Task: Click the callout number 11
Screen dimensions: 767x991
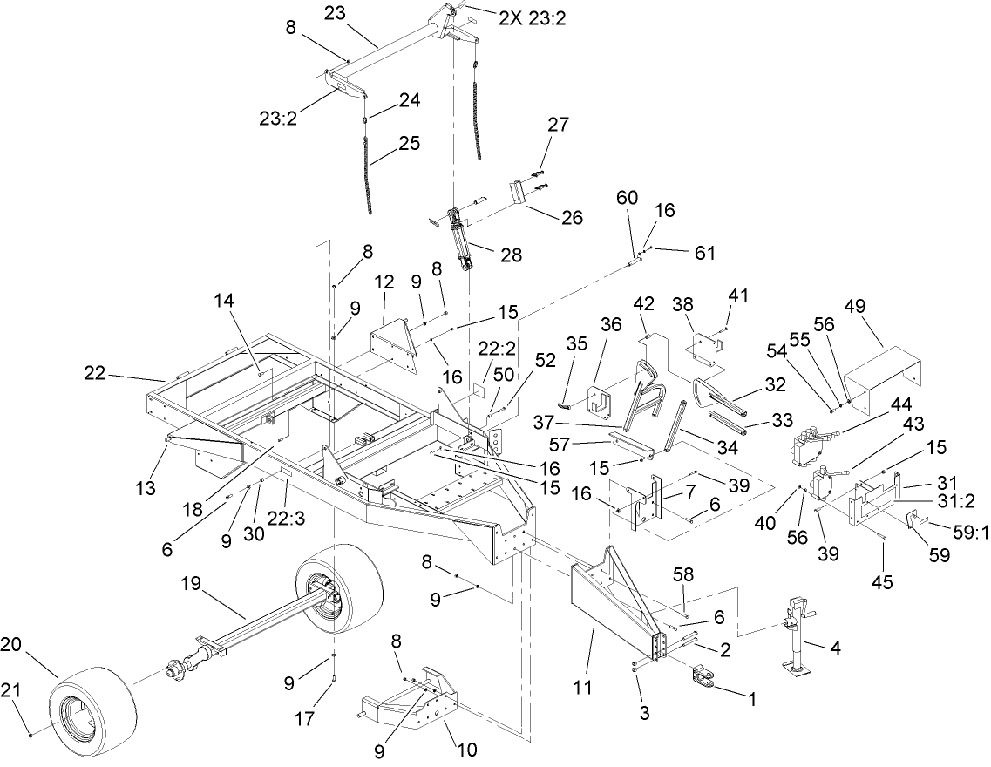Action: (583, 688)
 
